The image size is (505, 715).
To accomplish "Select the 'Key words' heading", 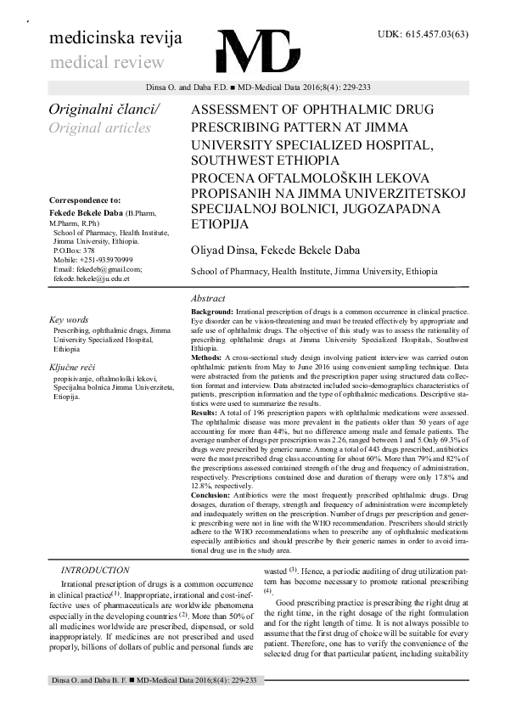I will (x=69, y=319).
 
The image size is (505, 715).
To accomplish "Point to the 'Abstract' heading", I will (x=208, y=299).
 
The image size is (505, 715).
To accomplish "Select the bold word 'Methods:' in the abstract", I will (x=207, y=358).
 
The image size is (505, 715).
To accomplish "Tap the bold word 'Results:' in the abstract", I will (x=205, y=412).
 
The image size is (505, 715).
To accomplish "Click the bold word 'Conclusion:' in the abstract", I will (x=212, y=493).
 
